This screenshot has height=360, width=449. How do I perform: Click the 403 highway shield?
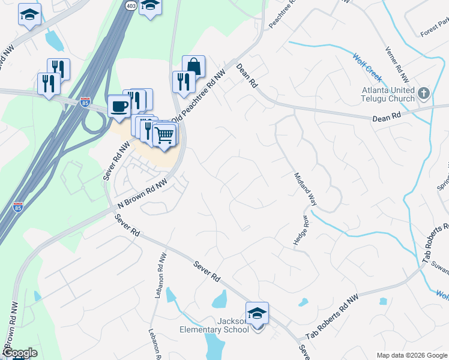point(131,5)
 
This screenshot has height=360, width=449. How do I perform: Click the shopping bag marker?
point(194,65)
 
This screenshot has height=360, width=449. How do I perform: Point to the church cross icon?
point(424,93)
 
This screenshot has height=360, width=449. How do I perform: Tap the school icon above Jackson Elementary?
point(257,313)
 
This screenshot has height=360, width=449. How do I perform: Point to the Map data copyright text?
point(411,355)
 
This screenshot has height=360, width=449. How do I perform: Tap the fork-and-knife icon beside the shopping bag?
point(182,81)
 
